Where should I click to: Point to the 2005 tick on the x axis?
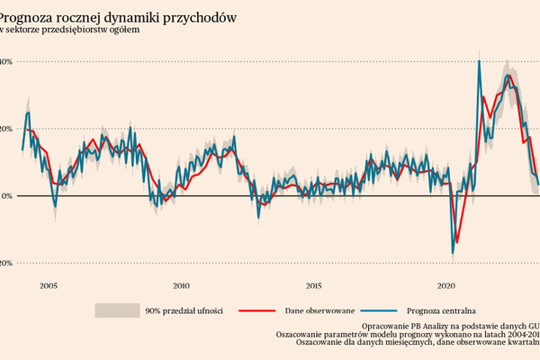pyautogui.click(x=49, y=286)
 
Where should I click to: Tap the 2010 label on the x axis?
pyautogui.click(x=181, y=286)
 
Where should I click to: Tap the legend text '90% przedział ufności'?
pyautogui.click(x=184, y=310)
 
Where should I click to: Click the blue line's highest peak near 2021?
pyautogui.click(x=479, y=61)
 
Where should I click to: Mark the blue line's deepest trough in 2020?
pyautogui.click(x=453, y=253)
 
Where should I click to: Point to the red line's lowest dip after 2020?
pyautogui.click(x=457, y=242)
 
